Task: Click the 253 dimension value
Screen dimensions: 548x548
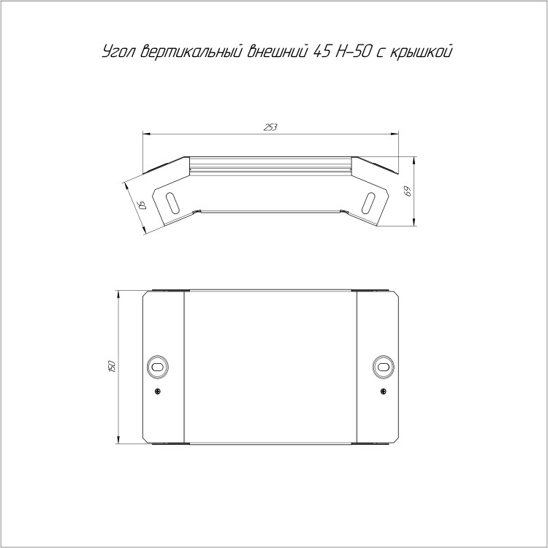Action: (x=270, y=128)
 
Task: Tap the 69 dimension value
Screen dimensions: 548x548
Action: (x=408, y=191)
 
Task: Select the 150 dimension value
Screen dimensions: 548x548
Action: (x=112, y=365)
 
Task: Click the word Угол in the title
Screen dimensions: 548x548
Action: (x=120, y=52)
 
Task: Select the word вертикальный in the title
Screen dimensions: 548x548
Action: (x=191, y=51)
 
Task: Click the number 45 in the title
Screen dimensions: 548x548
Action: (x=321, y=51)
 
